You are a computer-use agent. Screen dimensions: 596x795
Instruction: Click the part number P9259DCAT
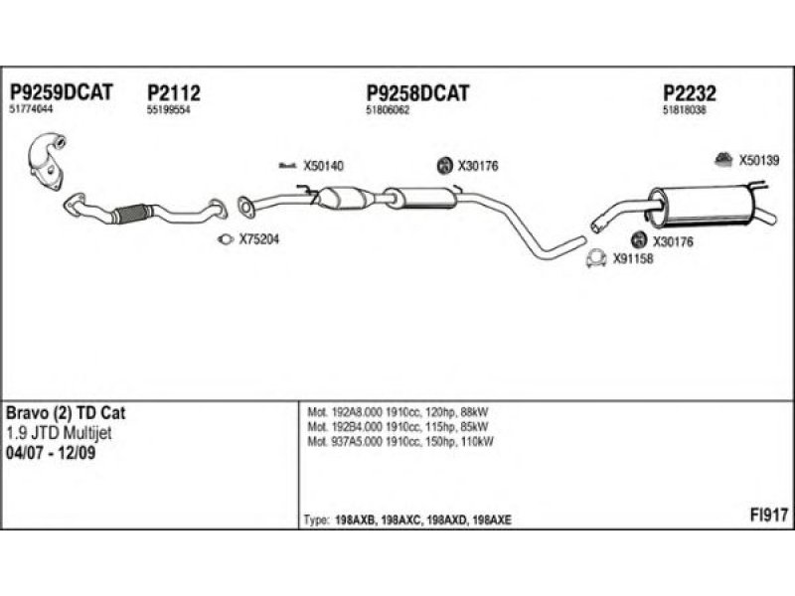[x=61, y=92]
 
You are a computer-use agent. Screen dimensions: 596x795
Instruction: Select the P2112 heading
[x=174, y=92]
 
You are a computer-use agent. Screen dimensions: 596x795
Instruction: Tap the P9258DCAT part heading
[x=417, y=92]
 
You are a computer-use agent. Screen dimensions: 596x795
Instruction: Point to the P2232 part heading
[x=690, y=92]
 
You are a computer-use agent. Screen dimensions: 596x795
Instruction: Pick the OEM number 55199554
[x=168, y=110]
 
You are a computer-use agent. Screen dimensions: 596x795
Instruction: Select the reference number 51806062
[x=389, y=110]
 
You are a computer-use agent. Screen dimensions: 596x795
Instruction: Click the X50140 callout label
[x=323, y=166]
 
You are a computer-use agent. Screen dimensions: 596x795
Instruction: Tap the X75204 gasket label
[x=259, y=238]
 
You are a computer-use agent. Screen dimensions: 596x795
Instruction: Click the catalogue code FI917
[x=769, y=516]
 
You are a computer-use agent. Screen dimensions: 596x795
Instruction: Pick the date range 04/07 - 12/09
[x=57, y=452]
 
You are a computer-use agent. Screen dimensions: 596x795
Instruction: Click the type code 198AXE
[x=492, y=521]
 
